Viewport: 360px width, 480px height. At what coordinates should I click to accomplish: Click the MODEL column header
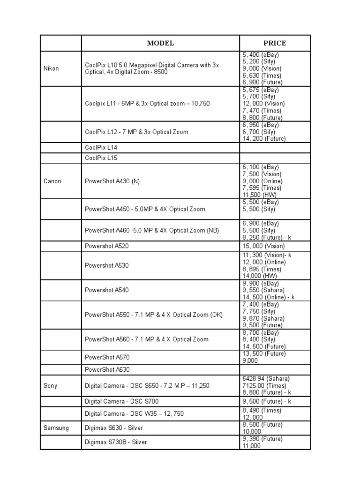pyautogui.click(x=160, y=43)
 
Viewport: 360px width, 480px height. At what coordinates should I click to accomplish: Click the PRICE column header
pyautogui.click(x=275, y=43)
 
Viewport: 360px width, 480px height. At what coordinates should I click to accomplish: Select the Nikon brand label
pyautogui.click(x=51, y=68)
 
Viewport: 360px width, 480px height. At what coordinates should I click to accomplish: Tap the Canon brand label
pyautogui.click(x=52, y=181)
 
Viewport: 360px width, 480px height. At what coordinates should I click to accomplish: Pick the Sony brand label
pyautogui.click(x=50, y=386)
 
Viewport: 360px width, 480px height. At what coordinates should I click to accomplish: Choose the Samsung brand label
pyautogui.click(x=56, y=428)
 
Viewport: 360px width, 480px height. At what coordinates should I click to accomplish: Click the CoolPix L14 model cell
pyautogui.click(x=101, y=147)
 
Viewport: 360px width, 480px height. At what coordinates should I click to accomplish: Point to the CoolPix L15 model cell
pyautogui.click(x=101, y=158)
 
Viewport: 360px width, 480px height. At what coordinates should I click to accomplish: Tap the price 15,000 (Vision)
pyautogui.click(x=263, y=246)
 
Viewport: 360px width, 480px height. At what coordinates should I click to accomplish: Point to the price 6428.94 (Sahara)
pyautogui.click(x=266, y=379)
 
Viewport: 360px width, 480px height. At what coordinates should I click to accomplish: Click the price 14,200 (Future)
pyautogui.click(x=264, y=139)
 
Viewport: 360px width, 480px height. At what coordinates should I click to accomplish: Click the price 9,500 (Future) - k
pyautogui.click(x=267, y=401)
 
